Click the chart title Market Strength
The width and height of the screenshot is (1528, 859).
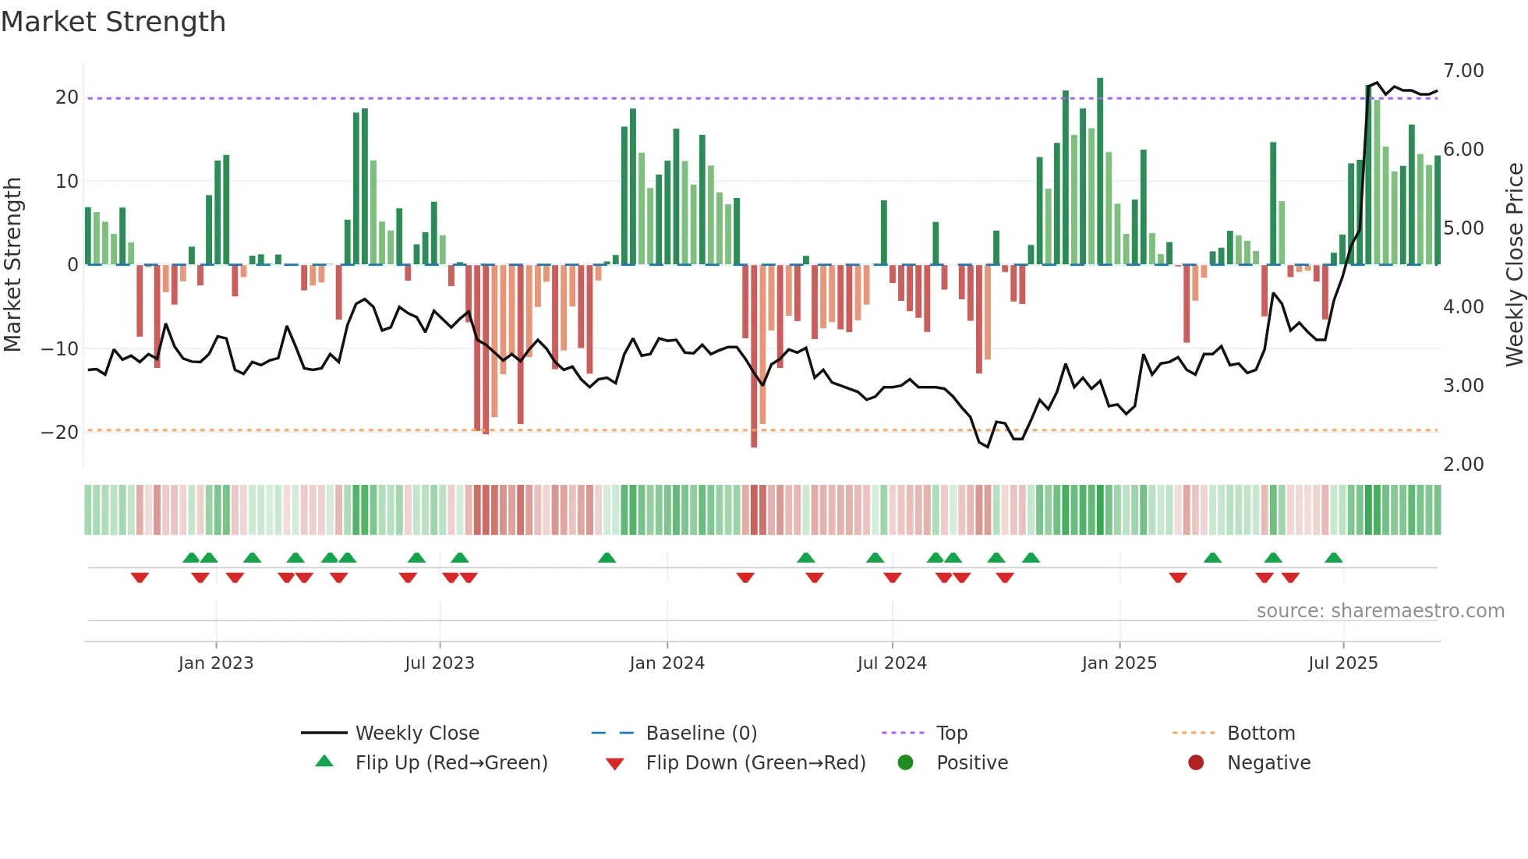[x=114, y=22]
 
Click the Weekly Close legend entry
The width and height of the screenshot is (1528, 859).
[x=417, y=734]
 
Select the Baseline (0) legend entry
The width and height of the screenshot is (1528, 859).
[x=701, y=734]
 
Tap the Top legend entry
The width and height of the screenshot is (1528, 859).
[x=951, y=734]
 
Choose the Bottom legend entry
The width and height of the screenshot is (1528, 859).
[x=1261, y=734]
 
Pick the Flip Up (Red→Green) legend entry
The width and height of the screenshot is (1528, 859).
[x=451, y=763]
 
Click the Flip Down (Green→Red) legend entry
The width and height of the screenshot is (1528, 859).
[x=755, y=763]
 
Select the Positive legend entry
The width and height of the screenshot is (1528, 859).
[x=971, y=763]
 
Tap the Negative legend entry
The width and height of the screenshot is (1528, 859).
[x=1268, y=763]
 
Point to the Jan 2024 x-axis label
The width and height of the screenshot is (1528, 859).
[x=667, y=663]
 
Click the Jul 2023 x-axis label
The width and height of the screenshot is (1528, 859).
[x=439, y=663]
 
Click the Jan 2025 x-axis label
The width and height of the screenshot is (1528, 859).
[x=1119, y=663]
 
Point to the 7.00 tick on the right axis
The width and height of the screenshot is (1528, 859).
[x=1463, y=71]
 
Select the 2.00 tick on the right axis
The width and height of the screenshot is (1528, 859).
[x=1463, y=465]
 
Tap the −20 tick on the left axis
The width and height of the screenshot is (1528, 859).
[x=60, y=433]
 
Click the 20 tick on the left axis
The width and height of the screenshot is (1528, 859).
[x=67, y=97]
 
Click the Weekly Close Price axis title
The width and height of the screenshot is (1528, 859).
[x=1514, y=265]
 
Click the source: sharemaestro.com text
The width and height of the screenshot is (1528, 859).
[x=1380, y=611]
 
